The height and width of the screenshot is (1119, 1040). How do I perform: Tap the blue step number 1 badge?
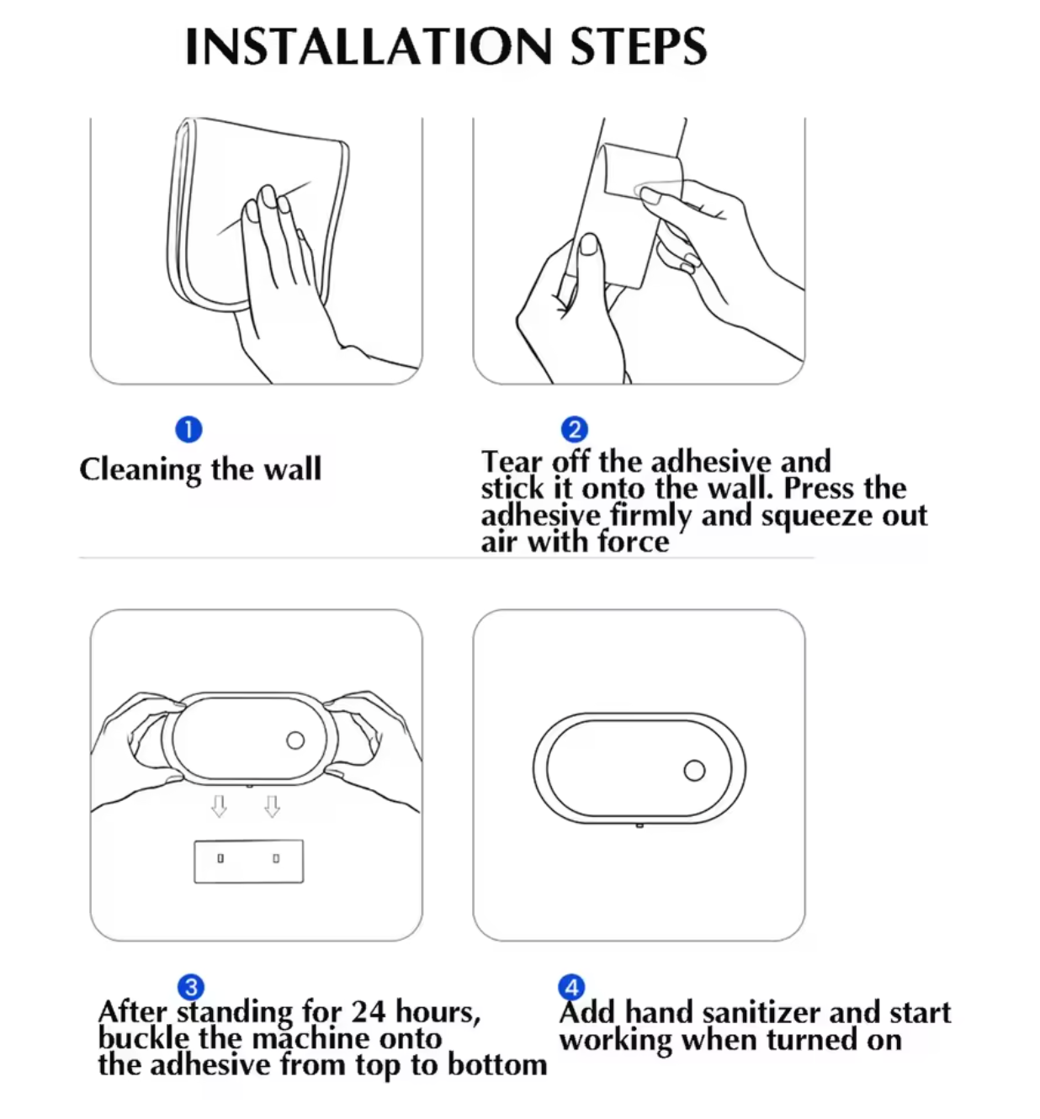[x=188, y=430]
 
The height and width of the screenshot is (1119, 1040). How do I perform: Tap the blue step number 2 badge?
[x=574, y=430]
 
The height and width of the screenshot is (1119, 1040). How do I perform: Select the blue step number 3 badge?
[x=191, y=987]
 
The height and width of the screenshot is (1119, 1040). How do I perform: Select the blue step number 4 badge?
[x=571, y=987]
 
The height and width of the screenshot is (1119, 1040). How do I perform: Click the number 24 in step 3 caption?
[x=369, y=1011]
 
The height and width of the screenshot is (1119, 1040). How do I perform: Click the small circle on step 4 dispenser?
[x=694, y=771]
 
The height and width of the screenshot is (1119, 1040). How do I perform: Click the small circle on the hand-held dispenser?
[x=295, y=740]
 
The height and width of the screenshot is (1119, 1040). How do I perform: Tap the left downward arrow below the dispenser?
[x=219, y=806]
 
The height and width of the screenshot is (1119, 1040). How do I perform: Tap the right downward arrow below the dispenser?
[x=272, y=806]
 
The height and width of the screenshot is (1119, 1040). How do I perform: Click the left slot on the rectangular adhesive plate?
[x=220, y=859]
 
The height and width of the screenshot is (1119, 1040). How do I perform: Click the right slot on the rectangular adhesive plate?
[x=276, y=859]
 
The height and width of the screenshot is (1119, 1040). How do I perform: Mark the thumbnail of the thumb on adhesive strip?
[x=590, y=245]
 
